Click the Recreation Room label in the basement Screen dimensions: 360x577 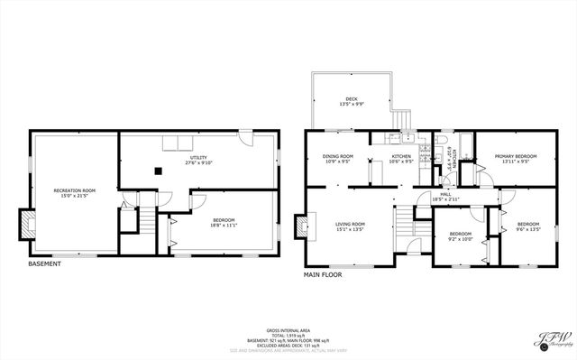(x=74, y=192)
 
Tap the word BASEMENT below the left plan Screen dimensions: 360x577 (x=45, y=264)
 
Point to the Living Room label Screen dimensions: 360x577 (x=351, y=226)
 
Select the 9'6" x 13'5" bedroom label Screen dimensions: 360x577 (x=527, y=226)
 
